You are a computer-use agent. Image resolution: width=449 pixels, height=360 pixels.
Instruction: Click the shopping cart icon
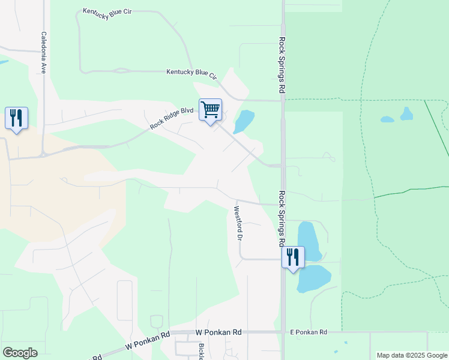210,110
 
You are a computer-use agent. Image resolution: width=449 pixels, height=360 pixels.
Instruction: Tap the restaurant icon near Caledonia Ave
16,117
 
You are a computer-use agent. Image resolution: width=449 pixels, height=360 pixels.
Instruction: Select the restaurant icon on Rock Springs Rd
293,257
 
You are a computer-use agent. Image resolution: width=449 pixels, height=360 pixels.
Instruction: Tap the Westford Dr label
238,223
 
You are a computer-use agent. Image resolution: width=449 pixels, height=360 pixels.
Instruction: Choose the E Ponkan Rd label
308,332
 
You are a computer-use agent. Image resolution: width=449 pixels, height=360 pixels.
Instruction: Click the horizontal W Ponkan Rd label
218,332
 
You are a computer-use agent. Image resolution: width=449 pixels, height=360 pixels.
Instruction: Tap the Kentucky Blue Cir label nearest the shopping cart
191,73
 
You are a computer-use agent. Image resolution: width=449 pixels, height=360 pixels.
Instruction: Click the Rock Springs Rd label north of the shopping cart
282,65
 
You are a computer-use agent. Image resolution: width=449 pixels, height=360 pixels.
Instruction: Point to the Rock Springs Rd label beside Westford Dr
281,218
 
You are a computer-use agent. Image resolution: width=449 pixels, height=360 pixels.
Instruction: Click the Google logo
20,352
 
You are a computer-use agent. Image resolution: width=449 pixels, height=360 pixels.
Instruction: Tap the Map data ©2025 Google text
411,355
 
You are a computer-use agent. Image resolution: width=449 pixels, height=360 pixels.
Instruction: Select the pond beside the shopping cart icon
244,121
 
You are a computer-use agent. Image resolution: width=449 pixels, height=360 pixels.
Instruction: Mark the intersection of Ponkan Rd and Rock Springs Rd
283,331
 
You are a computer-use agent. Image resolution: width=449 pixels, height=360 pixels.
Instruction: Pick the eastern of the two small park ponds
407,113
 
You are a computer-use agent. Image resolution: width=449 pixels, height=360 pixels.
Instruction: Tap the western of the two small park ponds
387,119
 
